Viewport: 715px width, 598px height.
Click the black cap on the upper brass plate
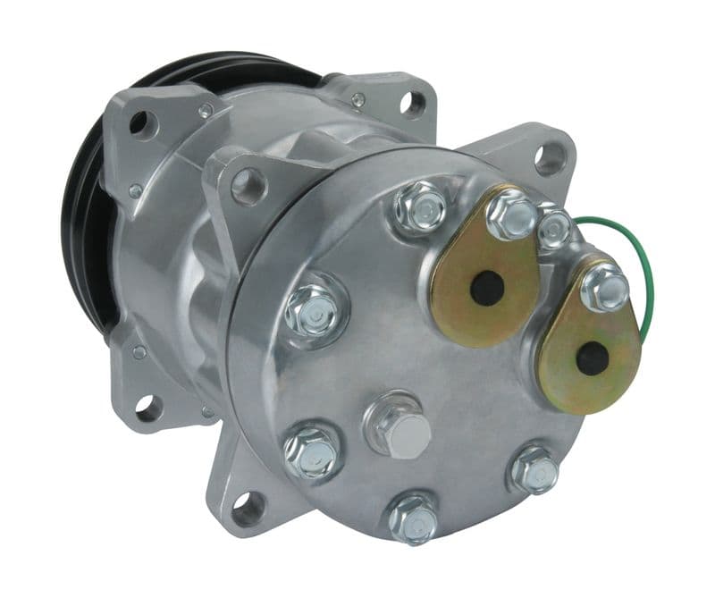(487, 288)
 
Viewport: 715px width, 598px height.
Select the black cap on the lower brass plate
(592, 358)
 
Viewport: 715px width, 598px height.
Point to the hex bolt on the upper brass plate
(512, 214)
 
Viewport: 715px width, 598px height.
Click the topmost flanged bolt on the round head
(421, 207)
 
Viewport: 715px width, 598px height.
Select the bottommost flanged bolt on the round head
(414, 516)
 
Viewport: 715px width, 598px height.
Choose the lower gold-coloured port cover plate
(590, 344)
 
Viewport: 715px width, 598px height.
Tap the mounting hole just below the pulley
(147, 408)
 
